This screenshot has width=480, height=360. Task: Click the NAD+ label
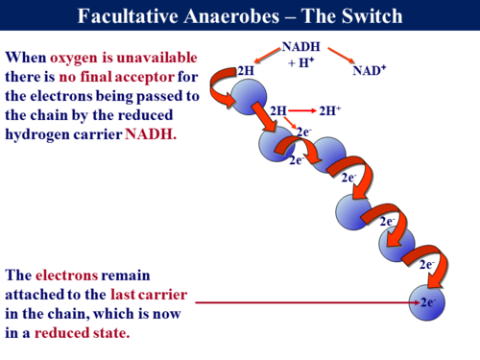(369, 70)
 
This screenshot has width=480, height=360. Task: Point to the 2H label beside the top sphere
(246, 70)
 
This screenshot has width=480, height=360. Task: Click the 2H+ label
(330, 111)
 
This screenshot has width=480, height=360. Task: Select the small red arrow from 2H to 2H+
(303, 111)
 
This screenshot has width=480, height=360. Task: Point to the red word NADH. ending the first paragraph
(151, 134)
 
